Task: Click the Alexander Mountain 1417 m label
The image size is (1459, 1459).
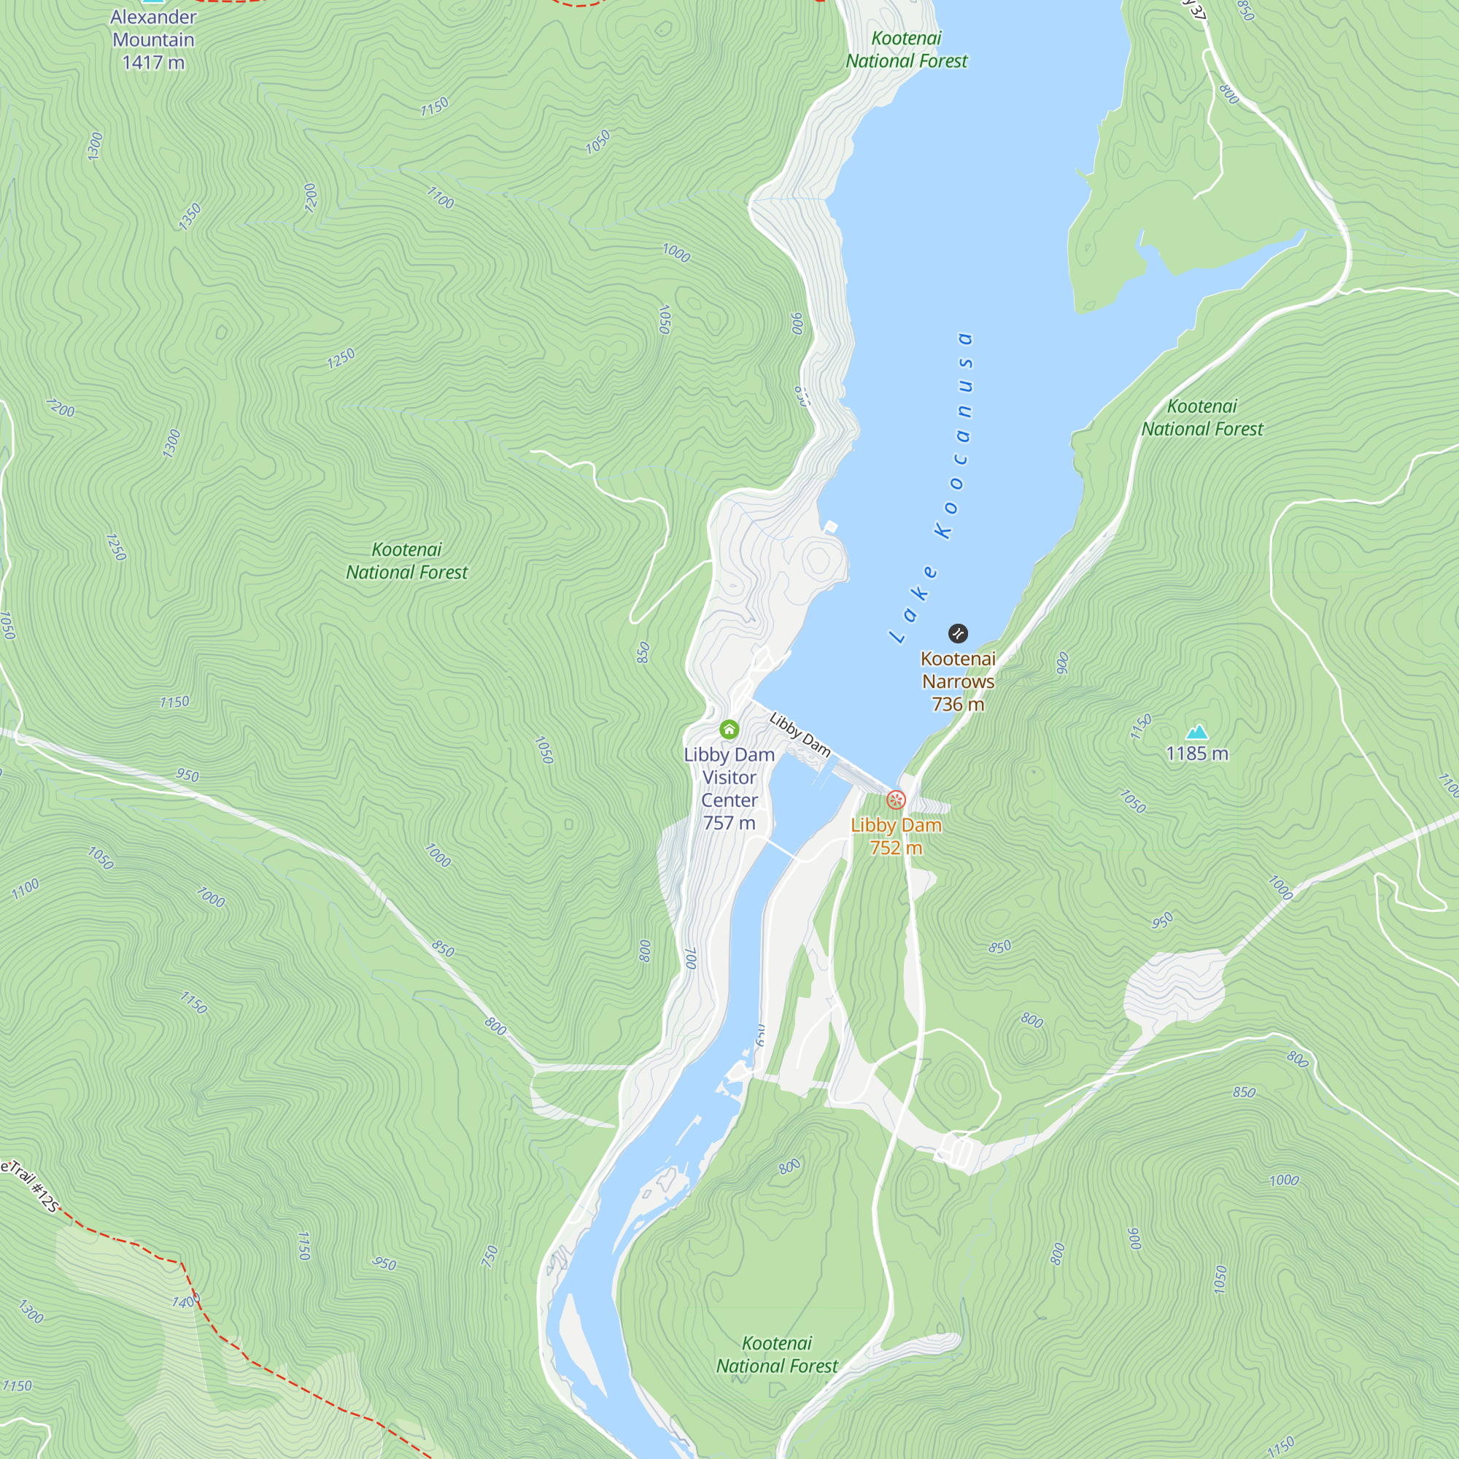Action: coord(153,39)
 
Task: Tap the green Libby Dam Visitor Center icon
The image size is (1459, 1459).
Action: coord(729,729)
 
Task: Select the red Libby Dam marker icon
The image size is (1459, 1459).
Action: coord(896,799)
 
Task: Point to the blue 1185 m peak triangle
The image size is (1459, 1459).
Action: coord(1197,732)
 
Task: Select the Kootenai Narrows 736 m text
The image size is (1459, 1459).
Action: coord(958,681)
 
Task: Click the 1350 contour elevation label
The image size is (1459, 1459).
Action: coord(190,217)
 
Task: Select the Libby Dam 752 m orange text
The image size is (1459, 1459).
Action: coord(896,836)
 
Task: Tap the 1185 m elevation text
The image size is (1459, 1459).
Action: coord(1197,754)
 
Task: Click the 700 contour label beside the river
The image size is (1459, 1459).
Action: coord(690,959)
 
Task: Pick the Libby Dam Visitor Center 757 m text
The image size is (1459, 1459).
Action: coord(729,789)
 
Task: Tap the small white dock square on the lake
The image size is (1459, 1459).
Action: coord(831,527)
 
